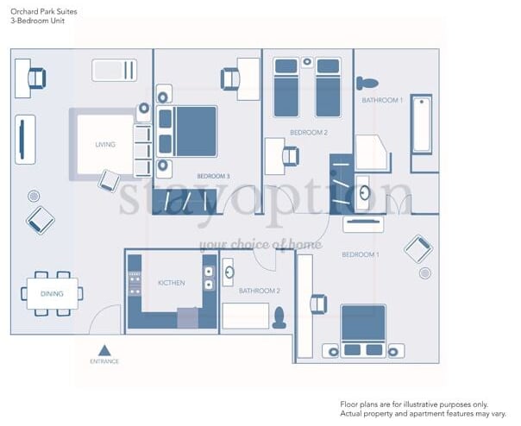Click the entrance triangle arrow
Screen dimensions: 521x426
point(104,351)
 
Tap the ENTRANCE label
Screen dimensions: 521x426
point(104,361)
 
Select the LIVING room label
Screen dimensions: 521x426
point(105,145)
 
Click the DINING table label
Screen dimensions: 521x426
point(52,294)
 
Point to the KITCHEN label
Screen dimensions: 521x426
point(172,283)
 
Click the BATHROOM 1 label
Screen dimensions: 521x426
point(382,100)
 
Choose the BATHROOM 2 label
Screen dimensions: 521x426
point(260,291)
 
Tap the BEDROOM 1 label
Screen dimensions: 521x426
point(361,254)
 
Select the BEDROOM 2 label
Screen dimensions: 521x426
point(309,133)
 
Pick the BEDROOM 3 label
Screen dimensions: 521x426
point(213,176)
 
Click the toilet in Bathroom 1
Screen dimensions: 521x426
point(367,83)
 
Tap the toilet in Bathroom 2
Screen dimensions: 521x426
point(279,318)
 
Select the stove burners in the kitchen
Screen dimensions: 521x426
point(135,283)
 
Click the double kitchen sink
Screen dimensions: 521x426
point(209,278)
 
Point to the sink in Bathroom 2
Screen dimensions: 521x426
point(229,273)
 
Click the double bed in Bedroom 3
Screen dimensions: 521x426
point(187,132)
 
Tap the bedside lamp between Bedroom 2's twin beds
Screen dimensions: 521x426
point(307,62)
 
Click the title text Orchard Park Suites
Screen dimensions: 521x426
point(44,11)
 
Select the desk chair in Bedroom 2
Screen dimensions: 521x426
point(291,156)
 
